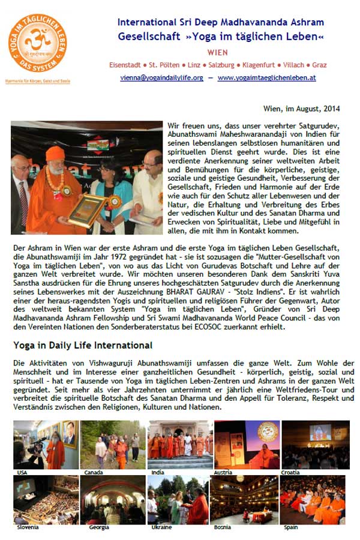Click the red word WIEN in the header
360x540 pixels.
pyautogui.click(x=217, y=52)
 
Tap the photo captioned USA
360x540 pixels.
pyautogui.click(x=45, y=445)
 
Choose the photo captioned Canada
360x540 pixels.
pyautogui.click(x=112, y=445)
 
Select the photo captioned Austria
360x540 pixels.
pyautogui.click(x=246, y=445)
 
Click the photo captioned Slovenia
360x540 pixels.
pyautogui.click(x=45, y=500)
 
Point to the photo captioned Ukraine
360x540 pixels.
pyautogui.click(x=178, y=500)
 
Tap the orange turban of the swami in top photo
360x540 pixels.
pyautogui.click(x=55, y=153)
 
